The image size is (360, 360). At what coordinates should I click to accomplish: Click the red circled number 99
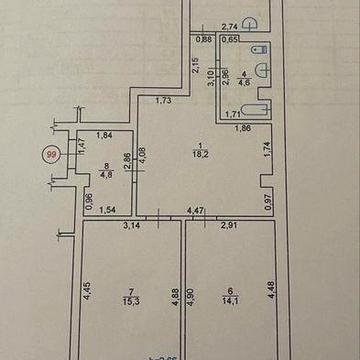(x=50, y=155)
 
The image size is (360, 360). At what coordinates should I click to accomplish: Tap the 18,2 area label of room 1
(x=199, y=154)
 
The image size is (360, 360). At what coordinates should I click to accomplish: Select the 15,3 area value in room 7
(x=130, y=299)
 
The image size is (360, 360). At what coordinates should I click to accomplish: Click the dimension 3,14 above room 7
(x=131, y=229)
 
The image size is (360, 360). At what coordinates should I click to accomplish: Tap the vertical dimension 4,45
(x=87, y=292)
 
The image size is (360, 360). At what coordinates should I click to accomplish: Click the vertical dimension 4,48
(x=268, y=292)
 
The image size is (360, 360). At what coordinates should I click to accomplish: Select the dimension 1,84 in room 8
(x=103, y=135)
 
